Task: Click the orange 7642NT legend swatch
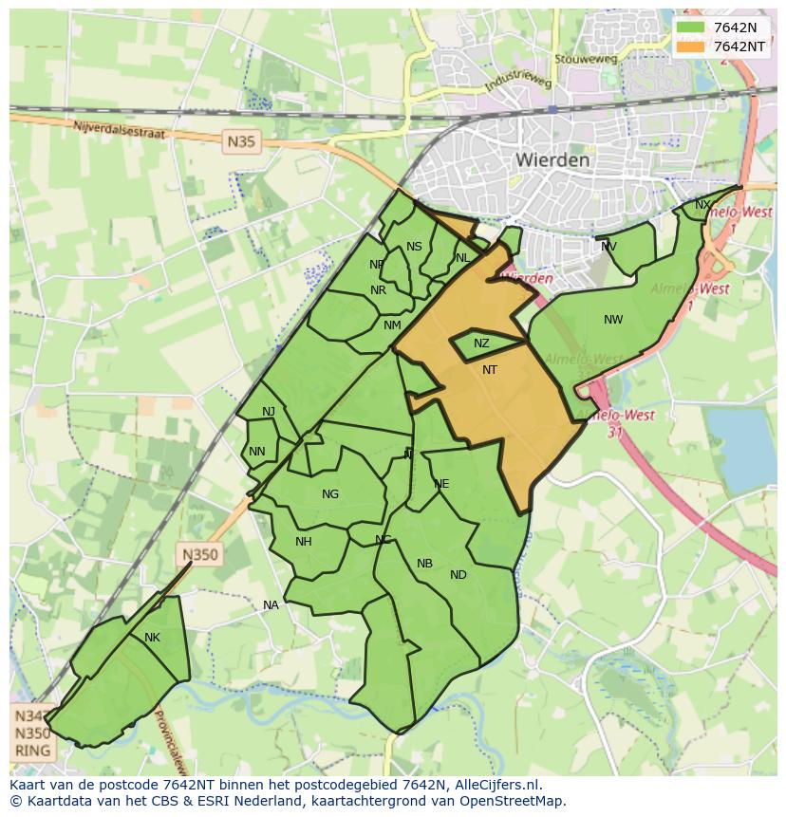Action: click(690, 46)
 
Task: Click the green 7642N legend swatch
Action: click(690, 28)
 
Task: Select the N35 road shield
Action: click(241, 142)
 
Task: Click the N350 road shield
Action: click(200, 555)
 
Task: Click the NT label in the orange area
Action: click(490, 370)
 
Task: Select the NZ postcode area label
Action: click(481, 344)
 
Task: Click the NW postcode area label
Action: click(613, 320)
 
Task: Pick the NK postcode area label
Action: click(152, 638)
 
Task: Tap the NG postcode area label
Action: click(330, 493)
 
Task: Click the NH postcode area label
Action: click(304, 542)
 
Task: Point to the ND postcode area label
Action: click(458, 575)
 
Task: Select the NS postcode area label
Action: click(414, 247)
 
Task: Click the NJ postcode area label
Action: click(269, 411)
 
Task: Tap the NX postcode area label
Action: click(702, 205)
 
